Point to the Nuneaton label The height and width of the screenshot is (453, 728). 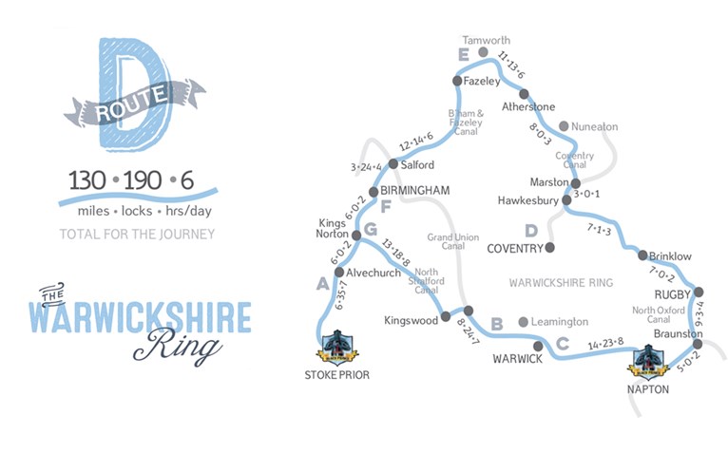pyautogui.click(x=594, y=126)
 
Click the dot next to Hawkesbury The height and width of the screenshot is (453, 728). pyautogui.click(x=567, y=200)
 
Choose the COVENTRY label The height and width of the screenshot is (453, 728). pyautogui.click(x=513, y=249)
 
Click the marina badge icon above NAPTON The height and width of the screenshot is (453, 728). pyautogui.click(x=650, y=358)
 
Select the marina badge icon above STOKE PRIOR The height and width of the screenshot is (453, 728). pyautogui.click(x=337, y=348)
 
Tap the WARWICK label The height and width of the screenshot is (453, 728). pyautogui.click(x=517, y=359)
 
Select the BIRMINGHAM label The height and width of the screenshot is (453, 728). pyautogui.click(x=414, y=191)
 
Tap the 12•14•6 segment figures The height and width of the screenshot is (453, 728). pyautogui.click(x=416, y=141)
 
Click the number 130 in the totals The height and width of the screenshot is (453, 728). pyautogui.click(x=88, y=180)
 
